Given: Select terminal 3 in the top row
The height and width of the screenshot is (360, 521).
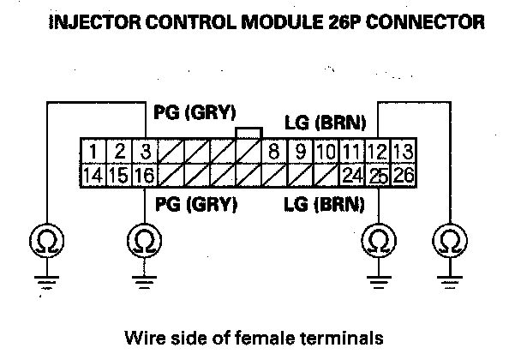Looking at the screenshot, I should point(146,155).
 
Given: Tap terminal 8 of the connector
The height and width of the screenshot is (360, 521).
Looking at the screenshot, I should point(274,155).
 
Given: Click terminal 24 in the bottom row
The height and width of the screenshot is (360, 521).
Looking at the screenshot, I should point(350,177).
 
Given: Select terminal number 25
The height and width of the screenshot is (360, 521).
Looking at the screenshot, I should point(378,177).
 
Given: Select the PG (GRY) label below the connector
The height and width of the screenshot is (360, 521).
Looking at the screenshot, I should point(195,206).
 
